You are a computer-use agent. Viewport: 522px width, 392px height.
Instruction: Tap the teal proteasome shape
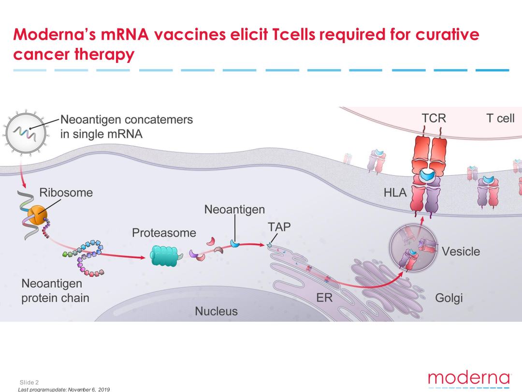(165, 256)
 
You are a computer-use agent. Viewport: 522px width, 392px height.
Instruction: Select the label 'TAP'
(279, 226)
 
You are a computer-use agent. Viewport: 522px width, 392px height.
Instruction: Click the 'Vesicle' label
(461, 251)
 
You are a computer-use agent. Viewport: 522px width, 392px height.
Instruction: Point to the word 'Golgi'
(449, 298)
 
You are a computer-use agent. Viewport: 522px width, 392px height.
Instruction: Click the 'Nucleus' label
(216, 311)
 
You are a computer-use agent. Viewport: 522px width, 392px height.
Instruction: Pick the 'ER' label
(324, 298)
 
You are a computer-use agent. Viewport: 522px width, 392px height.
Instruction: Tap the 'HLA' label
(395, 193)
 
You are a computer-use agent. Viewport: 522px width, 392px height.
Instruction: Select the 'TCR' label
(434, 118)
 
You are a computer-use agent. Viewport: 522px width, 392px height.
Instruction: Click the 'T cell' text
(500, 118)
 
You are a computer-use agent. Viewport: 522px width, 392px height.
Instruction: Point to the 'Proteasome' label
(164, 233)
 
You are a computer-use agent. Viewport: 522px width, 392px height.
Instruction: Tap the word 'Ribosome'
(66, 193)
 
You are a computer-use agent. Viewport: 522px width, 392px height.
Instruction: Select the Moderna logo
(469, 378)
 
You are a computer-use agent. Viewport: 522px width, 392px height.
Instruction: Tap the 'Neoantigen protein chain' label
(55, 290)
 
